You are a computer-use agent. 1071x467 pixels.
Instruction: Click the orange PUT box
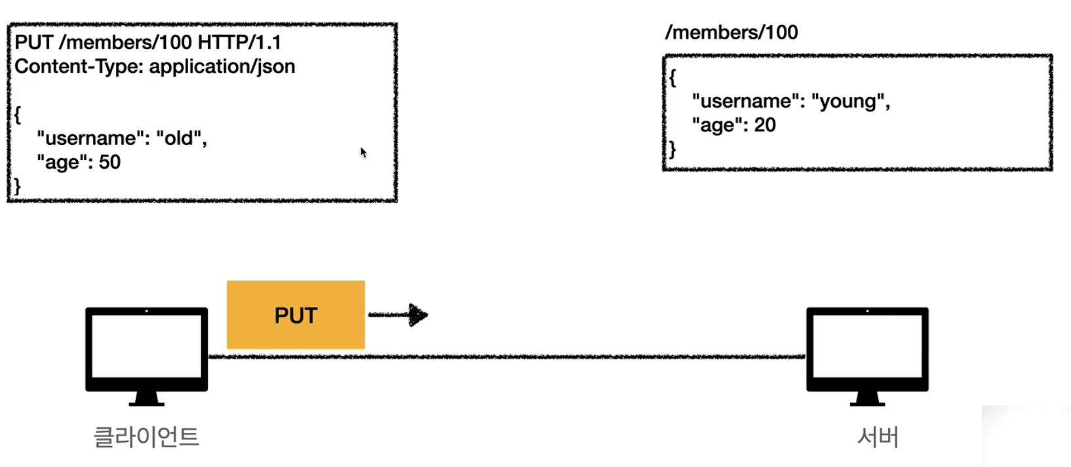click(x=296, y=315)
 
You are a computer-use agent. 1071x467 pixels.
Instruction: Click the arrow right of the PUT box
click(x=399, y=315)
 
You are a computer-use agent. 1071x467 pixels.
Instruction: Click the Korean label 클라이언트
click(x=146, y=437)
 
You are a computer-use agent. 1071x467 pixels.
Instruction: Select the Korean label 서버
click(x=878, y=437)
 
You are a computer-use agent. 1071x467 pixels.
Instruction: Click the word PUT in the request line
click(x=33, y=43)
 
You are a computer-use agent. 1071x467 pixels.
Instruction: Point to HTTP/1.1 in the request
click(x=239, y=43)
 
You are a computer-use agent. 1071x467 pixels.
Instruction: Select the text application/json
click(x=222, y=67)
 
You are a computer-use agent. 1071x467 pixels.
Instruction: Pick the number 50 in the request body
click(x=109, y=163)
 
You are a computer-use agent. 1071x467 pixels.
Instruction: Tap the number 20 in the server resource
click(x=764, y=125)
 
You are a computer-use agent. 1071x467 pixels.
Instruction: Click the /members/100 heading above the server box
click(x=731, y=33)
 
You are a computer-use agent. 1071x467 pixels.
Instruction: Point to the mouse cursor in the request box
click(x=363, y=152)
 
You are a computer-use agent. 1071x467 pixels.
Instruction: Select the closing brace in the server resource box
click(x=672, y=149)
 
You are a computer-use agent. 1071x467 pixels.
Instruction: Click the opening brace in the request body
click(x=18, y=114)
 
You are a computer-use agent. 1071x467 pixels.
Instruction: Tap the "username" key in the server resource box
click(x=746, y=102)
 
